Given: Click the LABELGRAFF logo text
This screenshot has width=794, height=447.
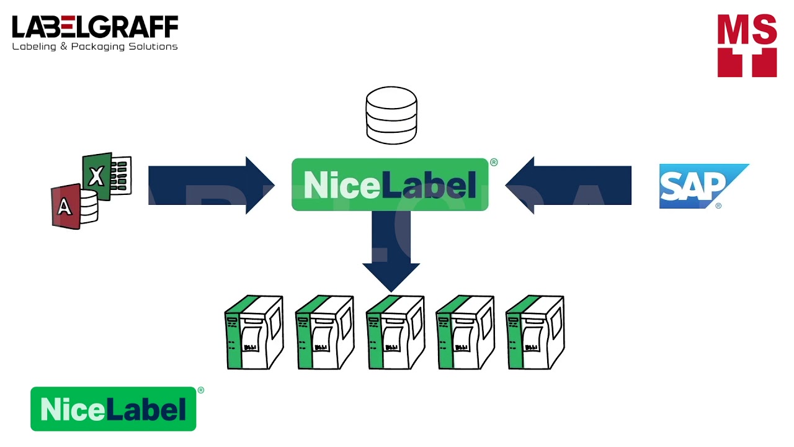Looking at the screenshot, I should coord(95,27).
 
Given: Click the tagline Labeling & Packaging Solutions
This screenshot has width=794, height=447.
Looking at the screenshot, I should coord(95,47).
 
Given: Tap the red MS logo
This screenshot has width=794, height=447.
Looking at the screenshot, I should coord(747,45).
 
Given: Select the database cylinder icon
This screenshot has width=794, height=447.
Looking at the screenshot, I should coord(391,115).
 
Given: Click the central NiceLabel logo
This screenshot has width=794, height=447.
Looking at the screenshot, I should coord(390,185).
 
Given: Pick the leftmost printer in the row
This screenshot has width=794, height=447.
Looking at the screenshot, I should coord(254,333).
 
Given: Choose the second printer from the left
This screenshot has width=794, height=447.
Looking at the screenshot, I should coord(324,333).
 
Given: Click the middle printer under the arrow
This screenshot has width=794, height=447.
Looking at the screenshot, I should coord(395,333).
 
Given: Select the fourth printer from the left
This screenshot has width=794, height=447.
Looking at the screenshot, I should coord(465,333).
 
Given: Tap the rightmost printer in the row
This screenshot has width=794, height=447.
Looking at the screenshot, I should coord(535,333).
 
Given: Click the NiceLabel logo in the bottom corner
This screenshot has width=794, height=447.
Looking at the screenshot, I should coord(113,409).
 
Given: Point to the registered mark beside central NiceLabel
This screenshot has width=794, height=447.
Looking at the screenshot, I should coord(494,163).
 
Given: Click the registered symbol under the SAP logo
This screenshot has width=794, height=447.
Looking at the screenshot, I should coord(718,205).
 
